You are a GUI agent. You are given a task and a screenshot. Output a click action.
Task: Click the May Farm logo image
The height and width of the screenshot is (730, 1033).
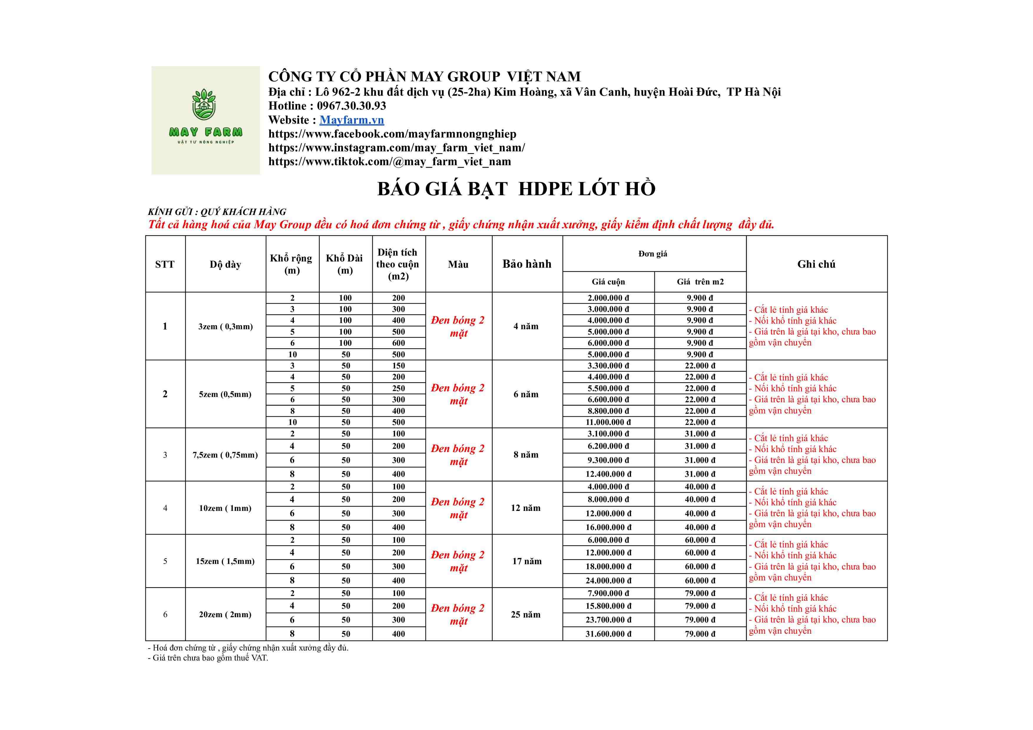pos(206,120)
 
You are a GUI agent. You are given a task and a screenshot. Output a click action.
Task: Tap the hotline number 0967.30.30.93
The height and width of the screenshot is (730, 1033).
pos(351,106)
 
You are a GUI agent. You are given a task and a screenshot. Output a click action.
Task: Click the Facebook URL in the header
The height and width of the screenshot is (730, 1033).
pos(392,134)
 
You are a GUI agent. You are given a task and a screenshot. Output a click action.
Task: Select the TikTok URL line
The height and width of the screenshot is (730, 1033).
pos(390,162)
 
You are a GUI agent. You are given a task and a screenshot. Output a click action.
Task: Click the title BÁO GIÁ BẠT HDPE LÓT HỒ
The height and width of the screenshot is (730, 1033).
pos(516,189)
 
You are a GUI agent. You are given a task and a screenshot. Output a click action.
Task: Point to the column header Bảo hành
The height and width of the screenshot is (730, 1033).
pos(527,264)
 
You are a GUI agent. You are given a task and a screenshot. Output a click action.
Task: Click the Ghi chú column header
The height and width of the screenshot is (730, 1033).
pos(816,264)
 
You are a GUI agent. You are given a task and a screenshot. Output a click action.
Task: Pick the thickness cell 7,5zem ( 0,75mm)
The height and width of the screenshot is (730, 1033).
pos(225,455)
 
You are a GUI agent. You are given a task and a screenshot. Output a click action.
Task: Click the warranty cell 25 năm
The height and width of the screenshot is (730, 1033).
pos(526,614)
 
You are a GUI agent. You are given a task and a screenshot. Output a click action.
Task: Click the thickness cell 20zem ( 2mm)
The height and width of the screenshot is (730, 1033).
pos(225,614)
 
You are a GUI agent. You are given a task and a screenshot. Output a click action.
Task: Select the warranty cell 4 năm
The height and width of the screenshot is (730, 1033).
pos(526,326)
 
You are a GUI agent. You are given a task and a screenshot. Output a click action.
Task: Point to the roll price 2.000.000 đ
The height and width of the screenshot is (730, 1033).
pos(608,298)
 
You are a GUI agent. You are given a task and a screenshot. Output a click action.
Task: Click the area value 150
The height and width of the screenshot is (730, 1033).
pos(398,366)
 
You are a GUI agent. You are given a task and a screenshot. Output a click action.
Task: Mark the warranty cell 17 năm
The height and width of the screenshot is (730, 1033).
pos(527,561)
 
